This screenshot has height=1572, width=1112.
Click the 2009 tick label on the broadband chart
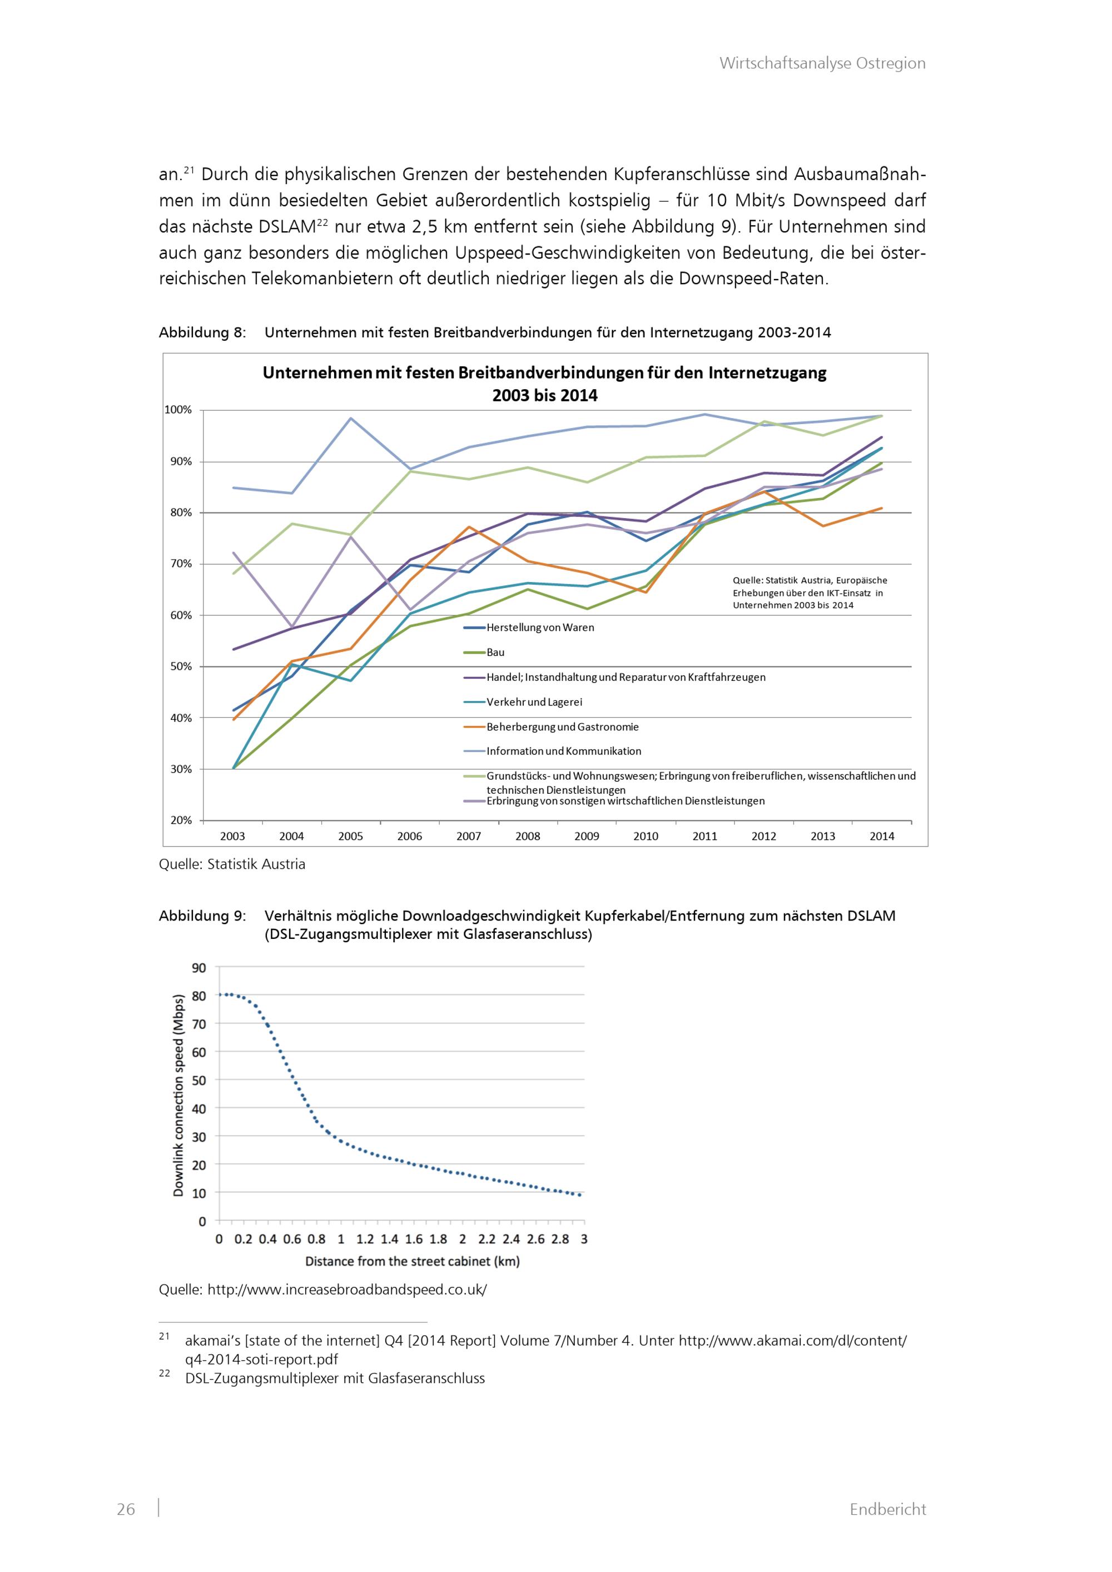(x=587, y=836)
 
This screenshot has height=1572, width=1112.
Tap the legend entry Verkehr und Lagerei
(x=534, y=702)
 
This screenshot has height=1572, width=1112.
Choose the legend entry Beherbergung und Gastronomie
(x=562, y=727)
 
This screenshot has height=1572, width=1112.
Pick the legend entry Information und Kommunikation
(x=564, y=751)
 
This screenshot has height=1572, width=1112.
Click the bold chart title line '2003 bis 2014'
(x=544, y=396)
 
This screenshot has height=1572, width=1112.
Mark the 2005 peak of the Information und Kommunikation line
(x=351, y=419)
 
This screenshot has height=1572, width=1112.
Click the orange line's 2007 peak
(x=468, y=526)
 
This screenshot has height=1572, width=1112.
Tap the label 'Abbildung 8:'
(x=202, y=333)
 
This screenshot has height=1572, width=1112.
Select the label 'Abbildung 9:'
(x=202, y=916)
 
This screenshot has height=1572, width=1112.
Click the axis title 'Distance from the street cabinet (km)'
(x=412, y=1261)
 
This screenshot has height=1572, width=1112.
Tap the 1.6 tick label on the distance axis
(x=414, y=1238)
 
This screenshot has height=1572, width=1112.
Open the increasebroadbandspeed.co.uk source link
(x=346, y=1289)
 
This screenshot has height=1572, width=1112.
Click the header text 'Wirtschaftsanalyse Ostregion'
(x=822, y=64)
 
